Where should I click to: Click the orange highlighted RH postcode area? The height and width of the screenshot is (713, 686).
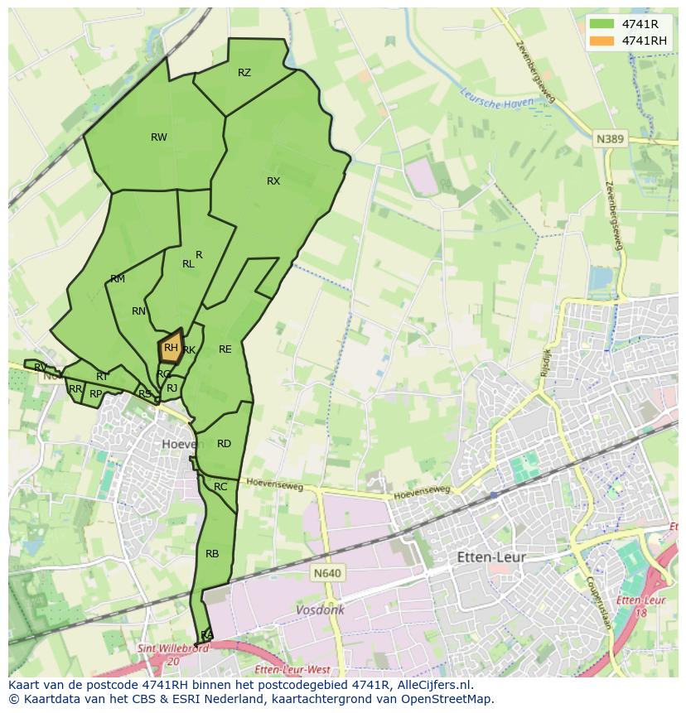coord(170,349)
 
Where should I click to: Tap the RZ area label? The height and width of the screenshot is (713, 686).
coord(244,73)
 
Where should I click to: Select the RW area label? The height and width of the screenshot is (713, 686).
coord(159,137)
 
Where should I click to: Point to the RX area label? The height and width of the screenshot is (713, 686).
coord(273,181)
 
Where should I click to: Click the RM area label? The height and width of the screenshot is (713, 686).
coord(118,279)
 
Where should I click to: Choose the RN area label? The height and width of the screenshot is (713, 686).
coord(138,311)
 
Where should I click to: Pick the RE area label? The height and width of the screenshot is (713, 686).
coord(225,349)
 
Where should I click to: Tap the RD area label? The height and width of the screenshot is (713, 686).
coord(224,444)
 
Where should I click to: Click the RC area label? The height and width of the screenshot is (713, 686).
coord(220,487)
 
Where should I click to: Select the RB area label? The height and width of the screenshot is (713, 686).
coord(212,554)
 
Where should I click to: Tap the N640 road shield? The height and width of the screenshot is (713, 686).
coord(328,572)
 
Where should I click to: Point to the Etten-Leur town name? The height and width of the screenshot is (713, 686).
coord(491,557)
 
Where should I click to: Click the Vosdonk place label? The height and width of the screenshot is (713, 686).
coord(320,609)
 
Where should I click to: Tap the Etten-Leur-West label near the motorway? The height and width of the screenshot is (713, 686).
coord(292,669)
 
